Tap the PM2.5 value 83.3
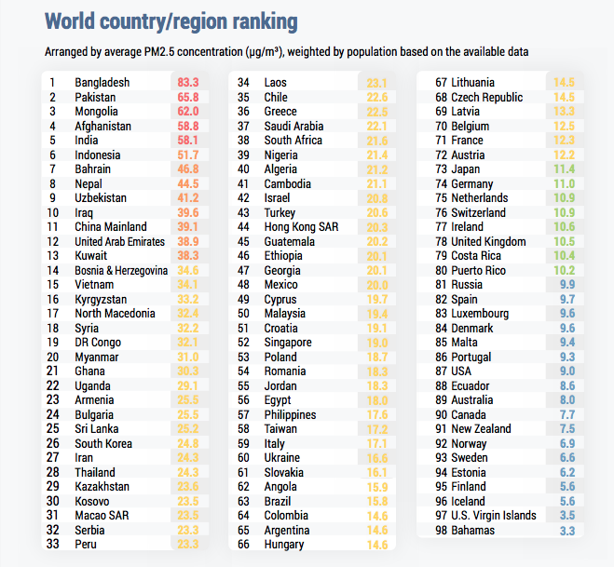pos(187,83)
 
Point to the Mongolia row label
pos(98,112)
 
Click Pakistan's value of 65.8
pos(187,97)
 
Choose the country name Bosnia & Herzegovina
pos(121,270)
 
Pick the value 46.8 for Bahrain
pos(187,169)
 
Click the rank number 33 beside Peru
pos(54,544)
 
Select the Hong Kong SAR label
pos(298,226)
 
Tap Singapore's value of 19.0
pos(376,342)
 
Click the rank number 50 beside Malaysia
pos(243,314)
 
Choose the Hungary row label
pos(284,544)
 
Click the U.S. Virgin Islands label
pos(493,515)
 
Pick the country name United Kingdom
pos(489,241)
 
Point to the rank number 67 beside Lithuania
pos(442,83)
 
